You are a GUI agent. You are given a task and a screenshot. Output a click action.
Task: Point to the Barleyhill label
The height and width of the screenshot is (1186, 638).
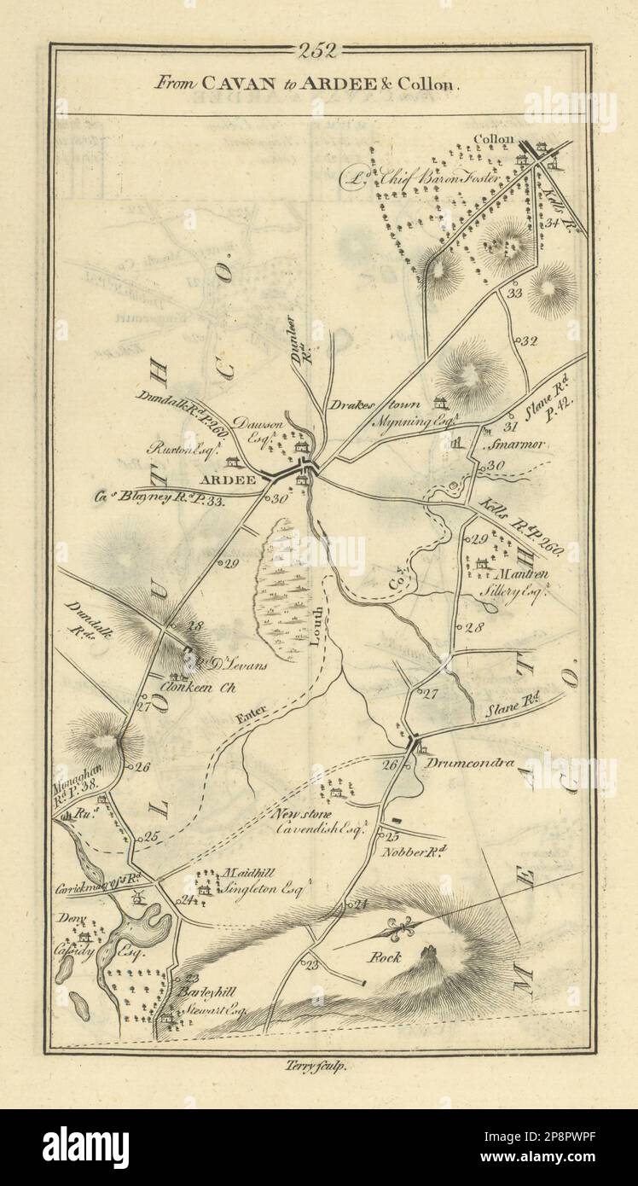pyautogui.click(x=201, y=993)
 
